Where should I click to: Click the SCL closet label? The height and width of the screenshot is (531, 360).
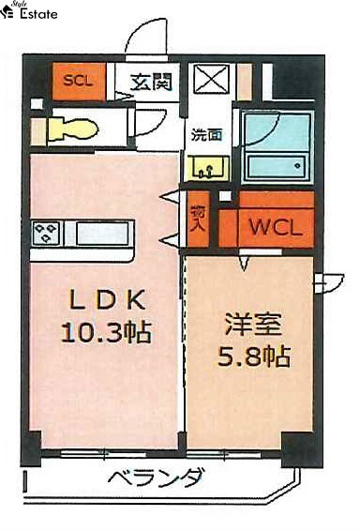coord(78,81)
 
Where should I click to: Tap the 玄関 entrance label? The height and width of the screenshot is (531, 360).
coord(151,82)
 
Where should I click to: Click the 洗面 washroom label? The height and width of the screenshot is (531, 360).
coord(206,135)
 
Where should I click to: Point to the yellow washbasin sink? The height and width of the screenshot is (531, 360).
coord(206,167)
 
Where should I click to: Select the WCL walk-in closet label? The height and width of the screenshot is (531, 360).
coord(276,227)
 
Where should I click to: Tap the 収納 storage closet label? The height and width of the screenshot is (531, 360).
coord(198,218)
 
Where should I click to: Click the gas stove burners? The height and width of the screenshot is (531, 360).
coord(46,233)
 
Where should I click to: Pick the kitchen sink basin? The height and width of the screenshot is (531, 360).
coord(103,233)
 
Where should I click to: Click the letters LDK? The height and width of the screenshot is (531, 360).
coord(107,299)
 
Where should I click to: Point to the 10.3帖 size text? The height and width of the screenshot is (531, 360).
coord(106,331)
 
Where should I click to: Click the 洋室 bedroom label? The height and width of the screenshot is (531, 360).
coord(254,325)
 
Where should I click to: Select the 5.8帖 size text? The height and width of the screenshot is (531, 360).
coord(254,356)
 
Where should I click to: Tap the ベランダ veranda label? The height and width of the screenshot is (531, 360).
coord(157,478)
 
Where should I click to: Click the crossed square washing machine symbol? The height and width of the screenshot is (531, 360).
coord(211,80)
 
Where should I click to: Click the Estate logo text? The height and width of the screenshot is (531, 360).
coord(38,14)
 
